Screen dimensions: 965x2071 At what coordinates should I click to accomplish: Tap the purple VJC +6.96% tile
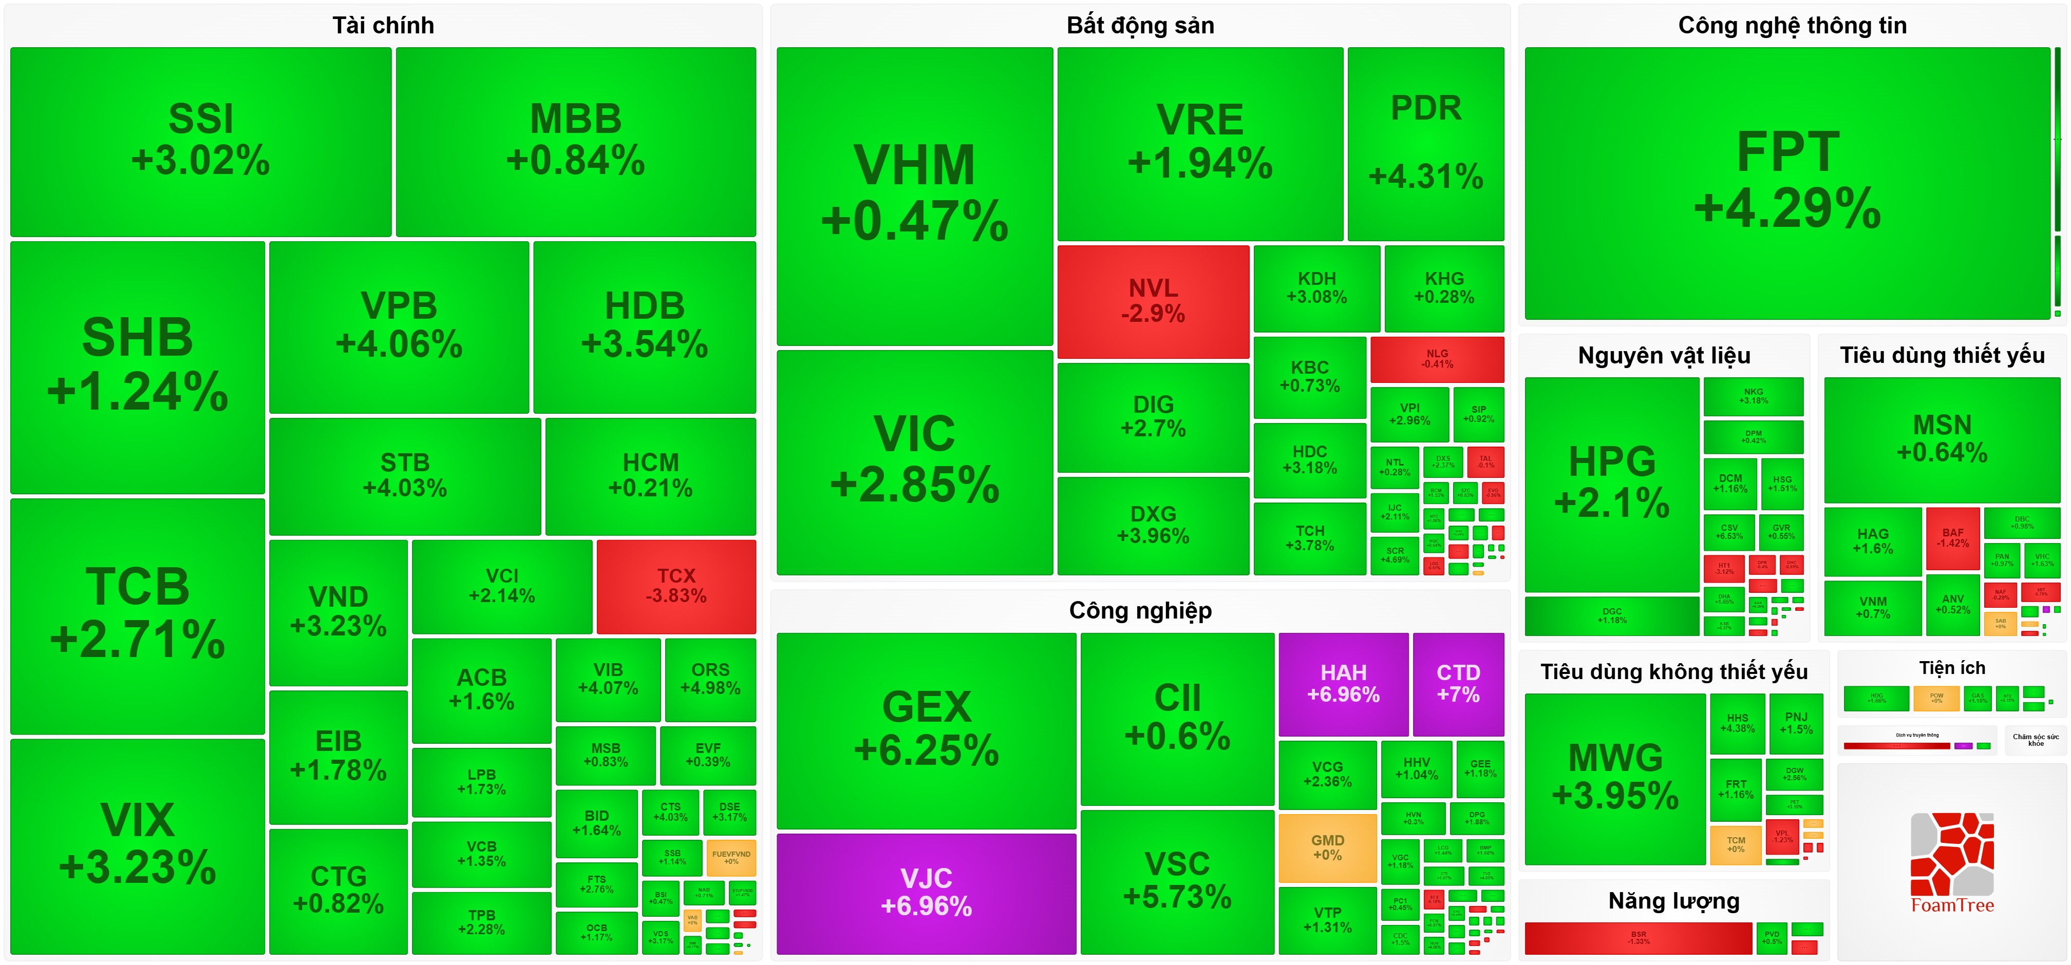[926, 893]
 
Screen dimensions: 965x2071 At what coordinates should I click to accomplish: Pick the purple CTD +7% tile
[1458, 684]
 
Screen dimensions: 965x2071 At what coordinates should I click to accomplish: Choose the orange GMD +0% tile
[1327, 847]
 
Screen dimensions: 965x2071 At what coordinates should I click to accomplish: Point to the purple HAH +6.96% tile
[1343, 684]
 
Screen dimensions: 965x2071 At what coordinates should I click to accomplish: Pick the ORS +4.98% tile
[710, 679]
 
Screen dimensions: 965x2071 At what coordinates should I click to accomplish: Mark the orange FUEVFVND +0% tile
[731, 857]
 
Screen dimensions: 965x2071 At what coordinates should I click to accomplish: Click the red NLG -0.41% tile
[1437, 359]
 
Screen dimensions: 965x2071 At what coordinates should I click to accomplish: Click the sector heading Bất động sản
[1140, 26]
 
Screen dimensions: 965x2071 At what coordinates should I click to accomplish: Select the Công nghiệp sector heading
[1140, 611]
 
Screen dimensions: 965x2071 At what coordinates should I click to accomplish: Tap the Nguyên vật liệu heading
[1663, 355]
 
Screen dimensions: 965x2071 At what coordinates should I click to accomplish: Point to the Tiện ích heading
[1951, 668]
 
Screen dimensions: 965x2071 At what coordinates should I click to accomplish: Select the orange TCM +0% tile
[1736, 844]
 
